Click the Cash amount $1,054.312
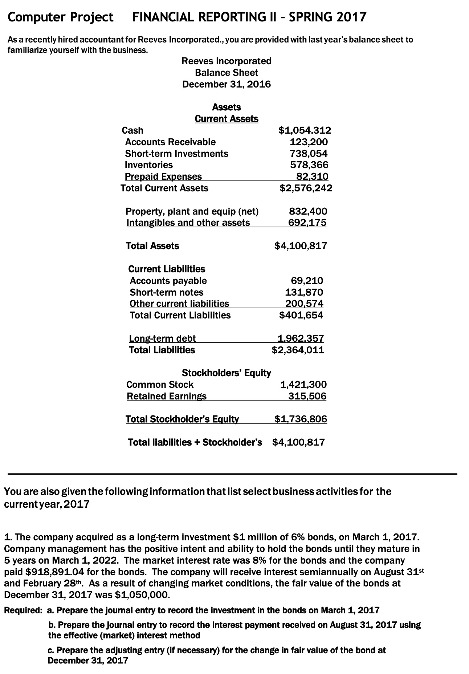[x=305, y=130]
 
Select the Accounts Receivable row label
[x=170, y=142]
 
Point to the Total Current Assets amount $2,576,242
[x=306, y=188]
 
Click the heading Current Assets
[x=227, y=119]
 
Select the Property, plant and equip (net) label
[x=192, y=211]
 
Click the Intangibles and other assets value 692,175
[x=307, y=223]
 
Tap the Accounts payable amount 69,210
[x=307, y=280]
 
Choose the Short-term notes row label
[x=167, y=292]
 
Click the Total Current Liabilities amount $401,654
[x=301, y=315]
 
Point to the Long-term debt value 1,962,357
[x=300, y=338]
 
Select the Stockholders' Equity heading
[x=226, y=373]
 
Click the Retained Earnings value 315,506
[x=307, y=396]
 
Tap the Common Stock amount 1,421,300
[x=304, y=385]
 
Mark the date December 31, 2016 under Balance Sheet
[x=226, y=84]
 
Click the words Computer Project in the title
[x=60, y=17]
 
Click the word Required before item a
[x=23, y=610]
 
